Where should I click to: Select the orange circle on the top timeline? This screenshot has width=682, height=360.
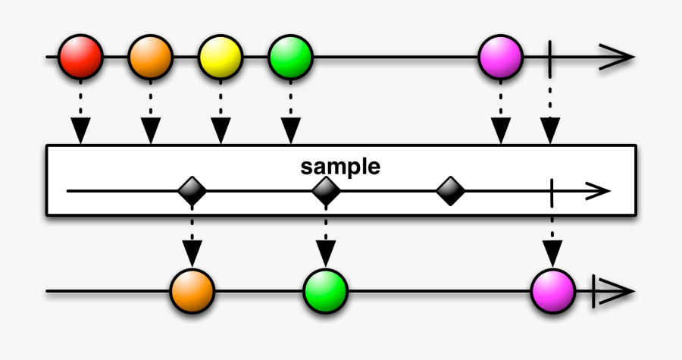pyautogui.click(x=150, y=57)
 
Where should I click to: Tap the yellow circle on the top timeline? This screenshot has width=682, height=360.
pyautogui.click(x=220, y=57)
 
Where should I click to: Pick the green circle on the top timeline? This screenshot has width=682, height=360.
pyautogui.click(x=289, y=57)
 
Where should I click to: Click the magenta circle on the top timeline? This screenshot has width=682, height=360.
pyautogui.click(x=500, y=57)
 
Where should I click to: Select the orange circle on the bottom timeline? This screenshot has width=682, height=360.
pyautogui.click(x=192, y=290)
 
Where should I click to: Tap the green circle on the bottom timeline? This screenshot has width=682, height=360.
pyautogui.click(x=326, y=290)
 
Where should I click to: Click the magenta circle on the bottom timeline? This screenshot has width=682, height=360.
pyautogui.click(x=553, y=290)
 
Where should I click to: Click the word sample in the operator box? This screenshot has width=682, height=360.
pyautogui.click(x=340, y=167)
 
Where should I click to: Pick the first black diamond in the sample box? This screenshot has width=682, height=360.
pyautogui.click(x=192, y=191)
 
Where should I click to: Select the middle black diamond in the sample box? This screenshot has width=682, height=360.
pyautogui.click(x=326, y=191)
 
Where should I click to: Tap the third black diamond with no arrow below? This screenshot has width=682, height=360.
pyautogui.click(x=451, y=191)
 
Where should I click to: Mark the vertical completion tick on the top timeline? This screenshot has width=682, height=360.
pyautogui.click(x=550, y=57)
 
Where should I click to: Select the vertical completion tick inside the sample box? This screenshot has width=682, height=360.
pyautogui.click(x=552, y=191)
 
